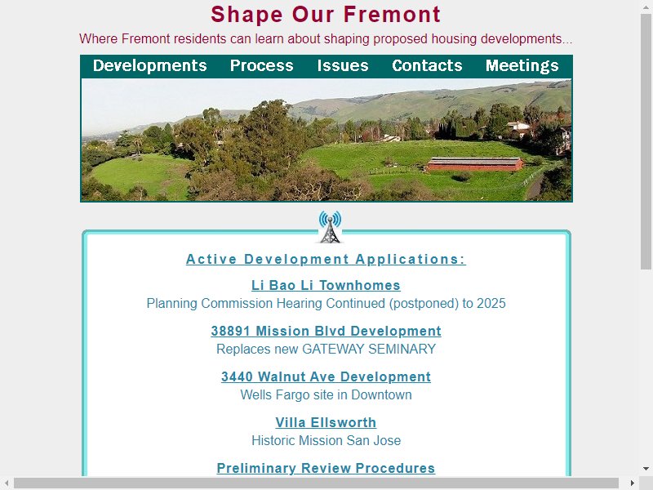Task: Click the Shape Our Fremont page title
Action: pyautogui.click(x=325, y=15)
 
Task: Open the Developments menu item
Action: pyautogui.click(x=150, y=66)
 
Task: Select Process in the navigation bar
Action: pyautogui.click(x=261, y=66)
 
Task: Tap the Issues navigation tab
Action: pyautogui.click(x=343, y=66)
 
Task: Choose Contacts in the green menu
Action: pyautogui.click(x=427, y=66)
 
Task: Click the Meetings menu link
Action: pyautogui.click(x=522, y=66)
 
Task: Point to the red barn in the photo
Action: pyautogui.click(x=475, y=164)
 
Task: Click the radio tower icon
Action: pyautogui.click(x=331, y=227)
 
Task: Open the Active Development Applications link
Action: pyautogui.click(x=326, y=259)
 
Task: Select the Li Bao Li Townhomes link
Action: pyautogui.click(x=326, y=285)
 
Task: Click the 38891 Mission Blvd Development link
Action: pyautogui.click(x=326, y=331)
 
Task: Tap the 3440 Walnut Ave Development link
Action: pyautogui.click(x=326, y=376)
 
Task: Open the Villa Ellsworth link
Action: pyautogui.click(x=326, y=422)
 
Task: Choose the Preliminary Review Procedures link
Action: pyautogui.click(x=326, y=468)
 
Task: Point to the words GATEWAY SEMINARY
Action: pyautogui.click(x=369, y=350)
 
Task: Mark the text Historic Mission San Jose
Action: pyautogui.click(x=326, y=440)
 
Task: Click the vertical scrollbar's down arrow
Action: pyautogui.click(x=646, y=468)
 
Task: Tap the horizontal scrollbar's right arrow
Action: pyautogui.click(x=632, y=483)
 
